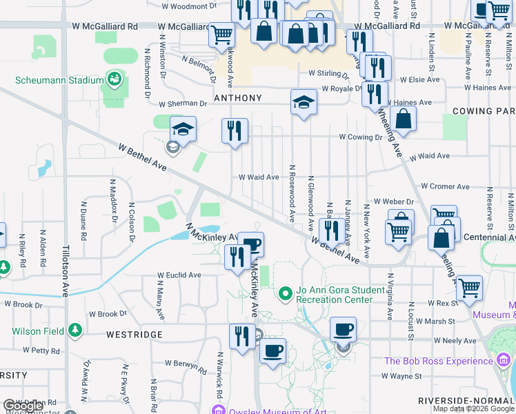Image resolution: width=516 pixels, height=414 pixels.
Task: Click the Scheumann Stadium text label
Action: click(59, 80)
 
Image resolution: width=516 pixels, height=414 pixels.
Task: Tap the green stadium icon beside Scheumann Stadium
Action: click(114, 80)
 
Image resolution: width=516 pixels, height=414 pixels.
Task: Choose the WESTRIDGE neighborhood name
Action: click(135, 335)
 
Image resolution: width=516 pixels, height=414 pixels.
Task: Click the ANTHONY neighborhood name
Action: click(238, 98)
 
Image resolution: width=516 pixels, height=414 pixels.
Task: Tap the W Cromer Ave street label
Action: click(444, 186)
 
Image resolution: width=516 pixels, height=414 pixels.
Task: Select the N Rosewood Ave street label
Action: click(292, 193)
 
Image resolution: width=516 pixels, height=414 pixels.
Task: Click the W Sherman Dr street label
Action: click(183, 104)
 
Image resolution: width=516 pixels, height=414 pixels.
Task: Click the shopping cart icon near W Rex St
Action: click(469, 286)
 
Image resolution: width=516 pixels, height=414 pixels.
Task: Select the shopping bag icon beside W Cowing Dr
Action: click(403, 119)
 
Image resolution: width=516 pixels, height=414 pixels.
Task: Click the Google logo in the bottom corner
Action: click(23, 406)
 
